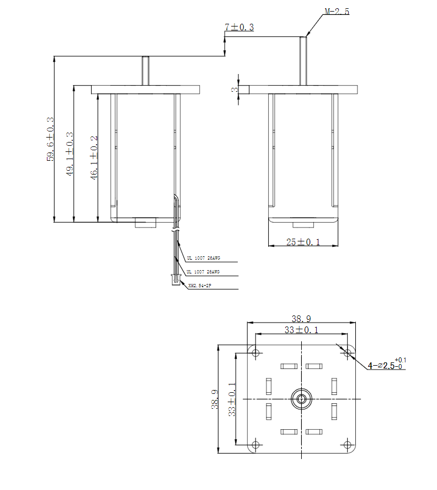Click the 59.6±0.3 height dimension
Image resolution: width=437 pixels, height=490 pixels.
coord(50,139)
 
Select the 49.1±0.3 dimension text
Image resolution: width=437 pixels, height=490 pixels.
coord(70,154)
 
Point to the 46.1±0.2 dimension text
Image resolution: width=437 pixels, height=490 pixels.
coord(94,157)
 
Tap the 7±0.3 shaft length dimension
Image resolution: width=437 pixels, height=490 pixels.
coord(239,27)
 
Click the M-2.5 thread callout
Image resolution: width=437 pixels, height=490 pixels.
coord(337,11)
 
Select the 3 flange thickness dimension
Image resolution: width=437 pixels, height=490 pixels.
coord(235,89)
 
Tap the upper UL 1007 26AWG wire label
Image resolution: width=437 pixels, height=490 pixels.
coord(203,258)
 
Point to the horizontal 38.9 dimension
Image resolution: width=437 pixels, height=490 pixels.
coord(301,318)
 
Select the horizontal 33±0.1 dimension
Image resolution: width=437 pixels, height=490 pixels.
coord(301,330)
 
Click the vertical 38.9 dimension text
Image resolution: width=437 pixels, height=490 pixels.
coord(215,399)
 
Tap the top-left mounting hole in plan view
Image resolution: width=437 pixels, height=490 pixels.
coord(255,352)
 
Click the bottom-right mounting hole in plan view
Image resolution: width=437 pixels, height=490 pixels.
coord(347,444)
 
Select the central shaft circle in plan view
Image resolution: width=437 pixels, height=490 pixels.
coord(301,398)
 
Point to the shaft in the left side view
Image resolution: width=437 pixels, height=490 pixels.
coord(146,71)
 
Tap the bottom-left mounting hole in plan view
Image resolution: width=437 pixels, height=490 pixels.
coord(255,444)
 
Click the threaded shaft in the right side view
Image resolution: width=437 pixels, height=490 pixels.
coord(303,61)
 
